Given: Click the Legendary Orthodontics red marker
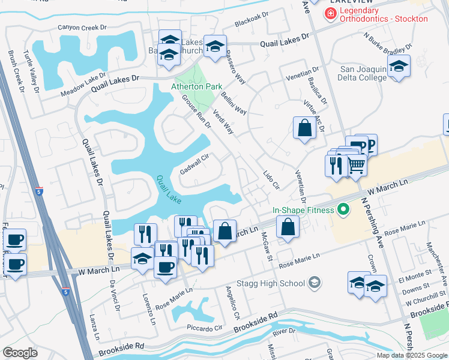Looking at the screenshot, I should point(330,13).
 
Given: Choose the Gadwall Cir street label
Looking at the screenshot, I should point(194,165).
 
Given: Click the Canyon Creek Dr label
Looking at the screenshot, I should point(82,28).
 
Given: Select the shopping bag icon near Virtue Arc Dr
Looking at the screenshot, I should point(304,128).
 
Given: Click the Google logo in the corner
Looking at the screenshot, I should point(20,353).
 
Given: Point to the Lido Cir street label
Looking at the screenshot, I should point(271,179).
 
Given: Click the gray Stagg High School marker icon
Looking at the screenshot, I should point(315,282).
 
